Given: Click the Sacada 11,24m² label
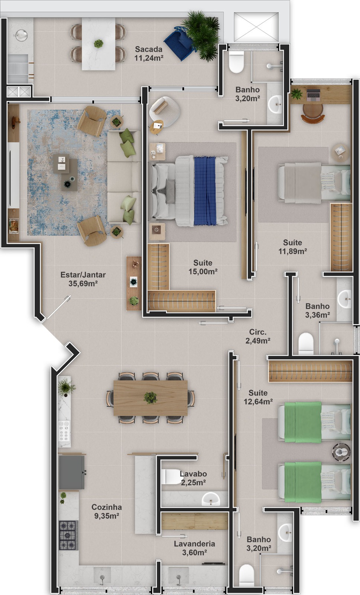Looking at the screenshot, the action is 148,54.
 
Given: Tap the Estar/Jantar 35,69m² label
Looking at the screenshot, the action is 83,279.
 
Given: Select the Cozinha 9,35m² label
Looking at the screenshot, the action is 106,511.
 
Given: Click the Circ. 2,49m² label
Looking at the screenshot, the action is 258,336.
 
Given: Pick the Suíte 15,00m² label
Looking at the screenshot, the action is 203,267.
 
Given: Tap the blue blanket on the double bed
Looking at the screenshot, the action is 205,191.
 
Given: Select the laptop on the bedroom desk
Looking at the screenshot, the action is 314,95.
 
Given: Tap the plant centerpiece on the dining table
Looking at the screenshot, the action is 150,398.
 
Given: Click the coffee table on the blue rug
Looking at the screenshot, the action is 65,172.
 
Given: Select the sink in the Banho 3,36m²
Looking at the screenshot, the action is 345,299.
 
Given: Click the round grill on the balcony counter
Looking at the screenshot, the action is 21,35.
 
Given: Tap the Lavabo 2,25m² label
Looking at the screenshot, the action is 193,478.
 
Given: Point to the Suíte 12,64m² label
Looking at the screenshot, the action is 258,397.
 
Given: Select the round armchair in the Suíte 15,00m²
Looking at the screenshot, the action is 164,109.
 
